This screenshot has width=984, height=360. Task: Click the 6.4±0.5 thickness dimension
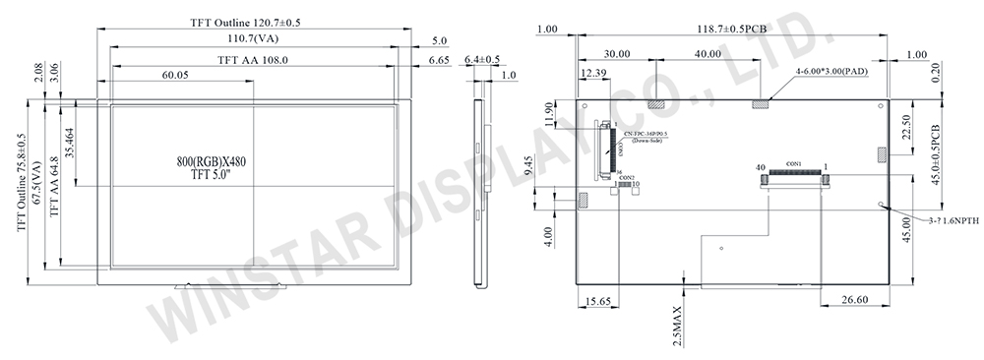click(x=481, y=60)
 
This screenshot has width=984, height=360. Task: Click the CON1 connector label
click(x=794, y=163)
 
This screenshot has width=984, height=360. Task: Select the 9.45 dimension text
click(x=557, y=167)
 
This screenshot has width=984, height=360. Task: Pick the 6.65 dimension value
click(x=439, y=60)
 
